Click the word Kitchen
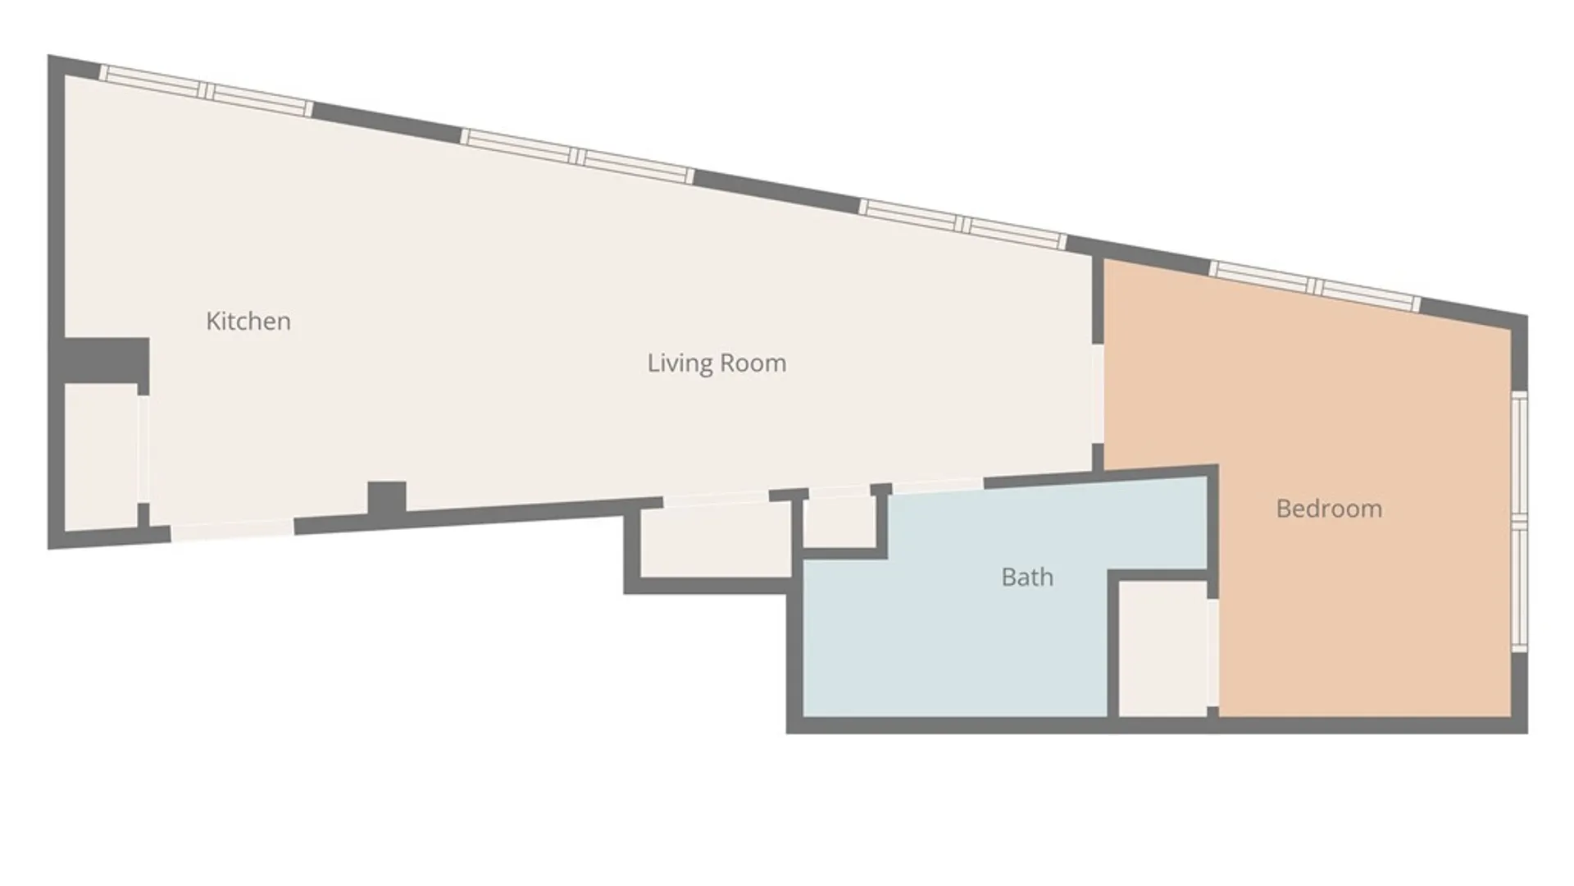click(248, 321)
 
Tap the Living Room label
click(716, 363)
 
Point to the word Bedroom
click(1329, 509)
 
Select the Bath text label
click(1027, 577)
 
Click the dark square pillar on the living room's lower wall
click(386, 497)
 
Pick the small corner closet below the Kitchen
click(101, 457)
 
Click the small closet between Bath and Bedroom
click(1163, 648)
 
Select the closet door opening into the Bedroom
click(1212, 653)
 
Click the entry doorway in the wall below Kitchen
click(232, 529)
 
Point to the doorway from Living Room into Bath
click(937, 486)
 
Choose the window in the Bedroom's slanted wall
click(1315, 285)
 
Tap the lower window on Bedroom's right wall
click(1519, 587)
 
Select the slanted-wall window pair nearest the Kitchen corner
click(206, 90)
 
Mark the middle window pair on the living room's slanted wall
click(577, 156)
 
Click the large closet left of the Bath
click(716, 541)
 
